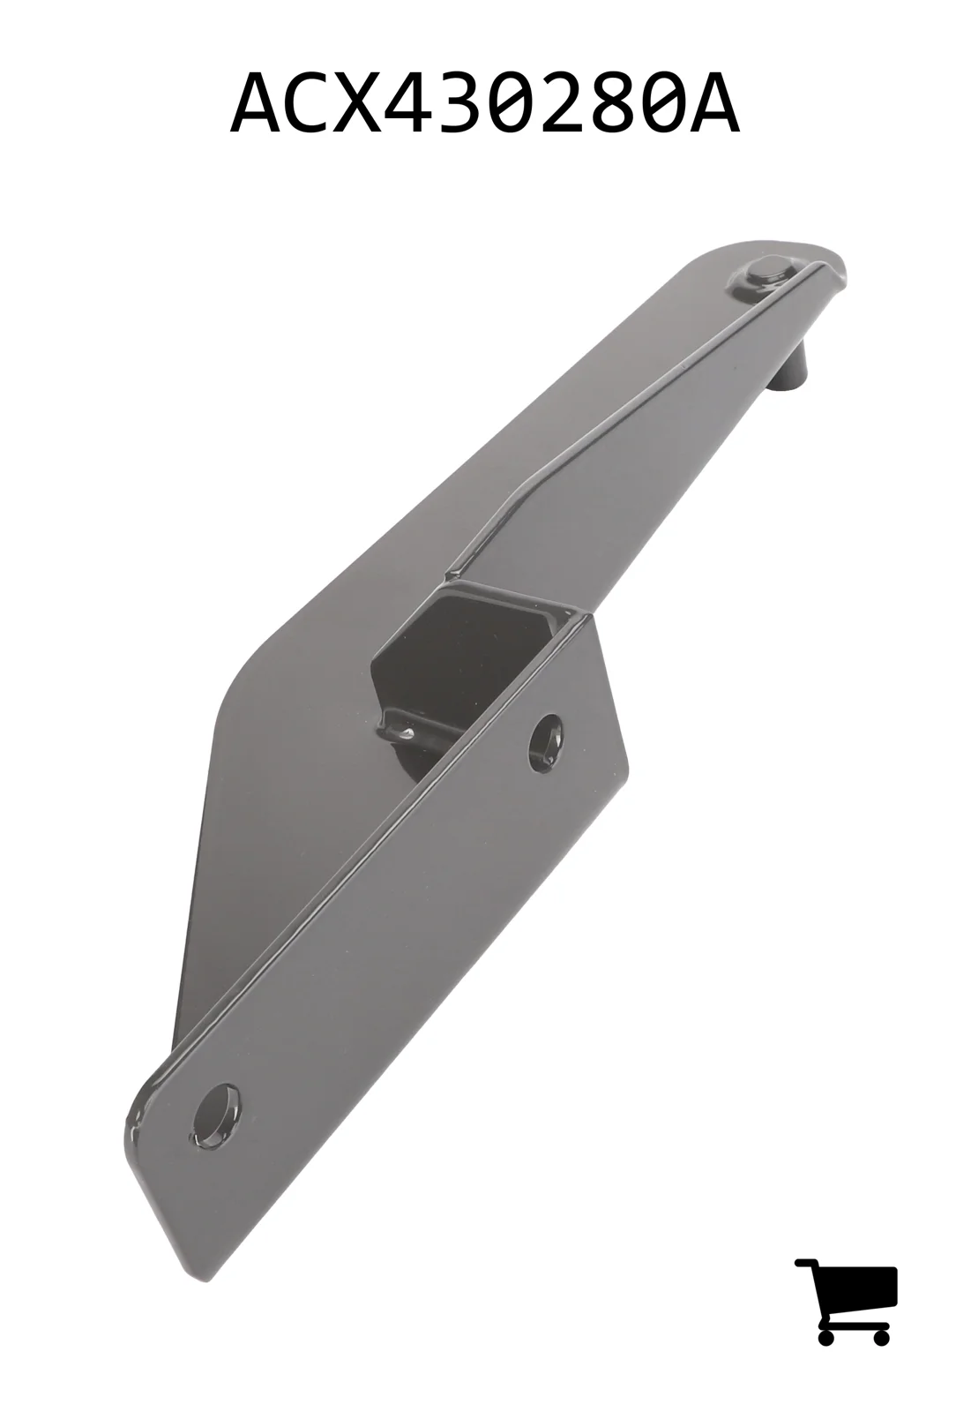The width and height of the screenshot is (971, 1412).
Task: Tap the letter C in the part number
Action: (x=306, y=105)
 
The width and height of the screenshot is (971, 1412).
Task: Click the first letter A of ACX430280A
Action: (x=255, y=105)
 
